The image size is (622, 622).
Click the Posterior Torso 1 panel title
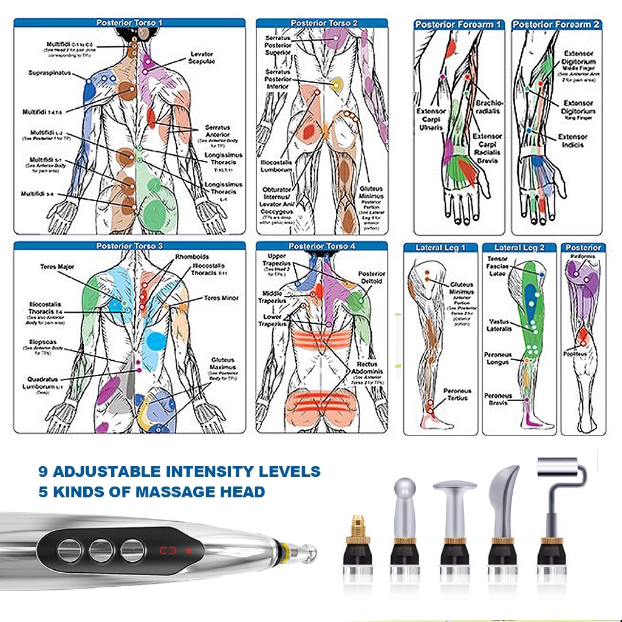point(129,23)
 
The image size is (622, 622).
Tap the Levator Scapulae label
point(202,58)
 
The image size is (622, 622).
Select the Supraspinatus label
point(50,73)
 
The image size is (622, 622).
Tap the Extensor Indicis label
point(573,141)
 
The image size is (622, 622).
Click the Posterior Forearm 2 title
point(556,24)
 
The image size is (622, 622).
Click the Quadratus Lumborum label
point(44,384)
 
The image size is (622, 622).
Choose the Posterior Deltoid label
point(372,278)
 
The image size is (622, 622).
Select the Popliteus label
point(575,353)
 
